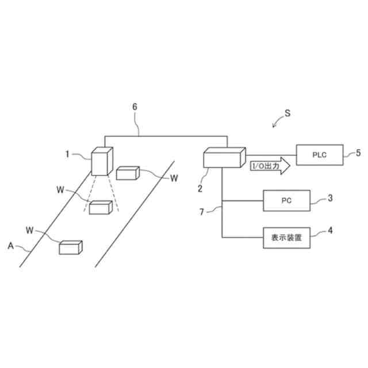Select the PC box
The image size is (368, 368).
(286, 201)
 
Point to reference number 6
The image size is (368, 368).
(135, 107)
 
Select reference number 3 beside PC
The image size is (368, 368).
(329, 198)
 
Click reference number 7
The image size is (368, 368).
(201, 212)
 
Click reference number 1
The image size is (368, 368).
(67, 154)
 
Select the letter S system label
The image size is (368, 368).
(287, 114)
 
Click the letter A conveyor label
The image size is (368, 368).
(10, 246)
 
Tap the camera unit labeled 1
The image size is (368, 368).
(101, 162)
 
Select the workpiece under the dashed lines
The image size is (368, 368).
(100, 207)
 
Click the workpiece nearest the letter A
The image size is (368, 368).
(71, 247)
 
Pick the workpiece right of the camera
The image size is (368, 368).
(128, 173)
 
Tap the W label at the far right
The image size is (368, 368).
(174, 178)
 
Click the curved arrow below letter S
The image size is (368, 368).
(278, 122)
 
